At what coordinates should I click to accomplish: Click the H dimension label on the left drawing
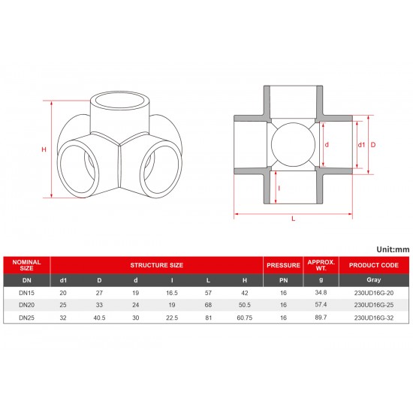44,150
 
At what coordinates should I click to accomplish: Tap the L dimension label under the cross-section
293,219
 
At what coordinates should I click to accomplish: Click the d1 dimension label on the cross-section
361,144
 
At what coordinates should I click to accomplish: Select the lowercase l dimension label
279,188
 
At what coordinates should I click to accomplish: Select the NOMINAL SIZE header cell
27,264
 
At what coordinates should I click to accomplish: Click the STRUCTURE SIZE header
157,265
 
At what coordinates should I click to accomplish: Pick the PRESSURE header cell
282,265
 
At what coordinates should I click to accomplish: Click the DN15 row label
27,294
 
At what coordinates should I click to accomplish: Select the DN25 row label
27,319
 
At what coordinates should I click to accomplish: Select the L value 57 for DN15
208,294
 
